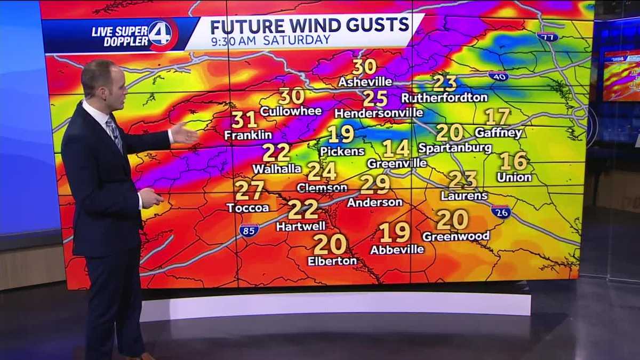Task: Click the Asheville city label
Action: [365, 82]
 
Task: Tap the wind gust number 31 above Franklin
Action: [244, 119]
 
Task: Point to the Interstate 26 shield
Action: [501, 211]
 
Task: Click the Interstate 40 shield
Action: [498, 76]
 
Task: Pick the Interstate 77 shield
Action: [547, 37]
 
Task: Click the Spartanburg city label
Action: [454, 148]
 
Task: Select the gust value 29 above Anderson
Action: [375, 185]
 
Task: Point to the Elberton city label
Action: [332, 261]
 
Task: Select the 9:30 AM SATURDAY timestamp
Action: [270, 41]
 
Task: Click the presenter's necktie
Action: [114, 131]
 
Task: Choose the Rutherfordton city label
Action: [444, 98]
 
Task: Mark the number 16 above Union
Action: [514, 161]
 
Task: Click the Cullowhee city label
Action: [291, 111]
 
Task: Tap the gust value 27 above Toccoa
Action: [249, 190]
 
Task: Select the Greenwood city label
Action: [455, 235]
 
